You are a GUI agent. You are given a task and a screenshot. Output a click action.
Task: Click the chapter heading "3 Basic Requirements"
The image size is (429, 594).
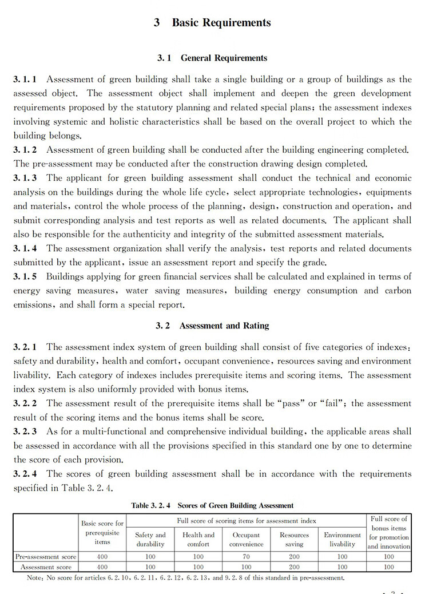tap(212, 23)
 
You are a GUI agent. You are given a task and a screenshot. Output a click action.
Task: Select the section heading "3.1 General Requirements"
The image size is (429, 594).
tap(212, 58)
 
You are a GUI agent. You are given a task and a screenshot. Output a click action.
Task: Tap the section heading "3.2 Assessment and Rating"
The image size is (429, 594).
tap(212, 326)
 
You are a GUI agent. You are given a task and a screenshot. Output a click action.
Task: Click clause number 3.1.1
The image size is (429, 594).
tap(25, 79)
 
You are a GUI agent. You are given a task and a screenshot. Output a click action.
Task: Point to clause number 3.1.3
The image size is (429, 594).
tap(25, 178)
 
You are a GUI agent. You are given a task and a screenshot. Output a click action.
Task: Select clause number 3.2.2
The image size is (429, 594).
tap(25, 403)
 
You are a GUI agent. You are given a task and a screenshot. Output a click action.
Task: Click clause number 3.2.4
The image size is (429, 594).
tap(25, 474)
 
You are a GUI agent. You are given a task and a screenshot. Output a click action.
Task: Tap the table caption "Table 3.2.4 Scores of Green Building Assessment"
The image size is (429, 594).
tap(212, 505)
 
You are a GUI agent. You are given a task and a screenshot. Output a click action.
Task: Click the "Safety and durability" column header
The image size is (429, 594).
tap(150, 540)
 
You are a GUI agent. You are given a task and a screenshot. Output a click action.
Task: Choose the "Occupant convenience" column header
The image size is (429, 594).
tap(247, 540)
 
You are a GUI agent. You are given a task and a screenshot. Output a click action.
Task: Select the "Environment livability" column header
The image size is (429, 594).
tap(343, 540)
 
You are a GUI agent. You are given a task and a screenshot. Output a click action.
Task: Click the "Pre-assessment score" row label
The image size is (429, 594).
tap(46, 556)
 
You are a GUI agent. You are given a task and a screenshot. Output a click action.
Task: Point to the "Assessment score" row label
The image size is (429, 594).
tap(46, 567)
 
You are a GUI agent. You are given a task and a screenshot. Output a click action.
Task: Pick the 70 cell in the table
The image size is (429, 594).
tap(247, 556)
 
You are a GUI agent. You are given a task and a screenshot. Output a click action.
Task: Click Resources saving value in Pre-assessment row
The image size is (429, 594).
tap(295, 556)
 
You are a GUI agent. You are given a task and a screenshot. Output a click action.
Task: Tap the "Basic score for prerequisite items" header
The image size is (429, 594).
tap(103, 532)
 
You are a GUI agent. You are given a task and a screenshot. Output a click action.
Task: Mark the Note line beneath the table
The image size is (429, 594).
tap(186, 578)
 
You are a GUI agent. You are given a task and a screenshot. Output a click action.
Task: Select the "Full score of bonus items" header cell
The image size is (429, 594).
tap(389, 532)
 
